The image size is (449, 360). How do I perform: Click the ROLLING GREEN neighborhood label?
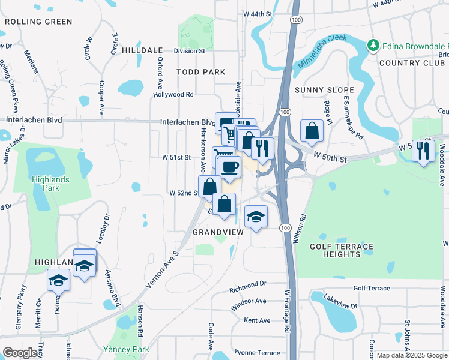[x=38, y=22]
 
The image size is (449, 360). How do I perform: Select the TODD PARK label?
[x=200, y=72]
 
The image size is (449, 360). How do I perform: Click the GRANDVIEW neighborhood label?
[x=216, y=232]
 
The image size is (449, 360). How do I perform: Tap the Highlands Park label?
[x=51, y=184]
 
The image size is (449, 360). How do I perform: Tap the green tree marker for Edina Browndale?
[x=373, y=45]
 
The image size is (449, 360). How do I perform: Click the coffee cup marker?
[x=229, y=166]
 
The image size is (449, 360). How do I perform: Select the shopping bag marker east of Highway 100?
[x=312, y=131]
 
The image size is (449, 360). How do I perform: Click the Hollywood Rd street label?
[x=173, y=94]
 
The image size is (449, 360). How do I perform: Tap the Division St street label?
[x=189, y=51]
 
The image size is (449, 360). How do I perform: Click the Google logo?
[x=20, y=353]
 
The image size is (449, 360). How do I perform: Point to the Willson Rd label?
[x=302, y=230]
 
